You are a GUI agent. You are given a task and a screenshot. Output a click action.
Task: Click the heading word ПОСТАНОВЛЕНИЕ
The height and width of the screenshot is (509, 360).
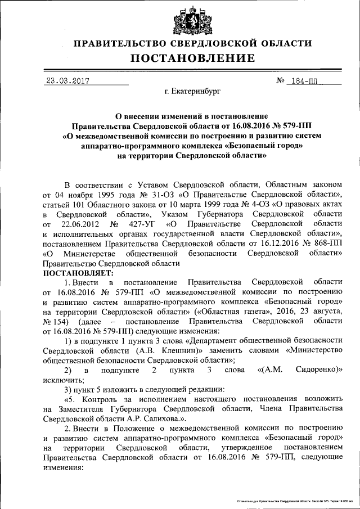(x=193, y=58)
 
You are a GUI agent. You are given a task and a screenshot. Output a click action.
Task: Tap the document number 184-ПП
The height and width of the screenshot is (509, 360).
(x=305, y=80)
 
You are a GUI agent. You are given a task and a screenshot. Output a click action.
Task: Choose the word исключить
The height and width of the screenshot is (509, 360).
(x=59, y=380)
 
